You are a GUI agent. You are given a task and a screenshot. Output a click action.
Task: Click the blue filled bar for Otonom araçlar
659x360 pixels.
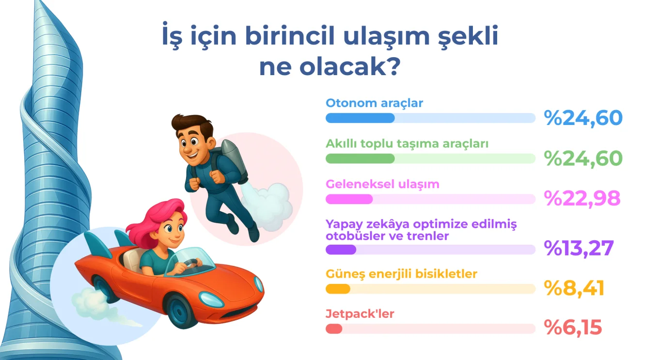pyautogui.click(x=360, y=118)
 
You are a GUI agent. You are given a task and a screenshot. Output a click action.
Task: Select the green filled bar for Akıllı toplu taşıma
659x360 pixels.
pyautogui.click(x=360, y=158)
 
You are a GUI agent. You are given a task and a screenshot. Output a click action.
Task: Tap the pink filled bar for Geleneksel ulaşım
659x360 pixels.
pyautogui.click(x=349, y=199)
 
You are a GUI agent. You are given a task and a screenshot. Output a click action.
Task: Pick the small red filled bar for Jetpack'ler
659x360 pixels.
pyautogui.click(x=334, y=329)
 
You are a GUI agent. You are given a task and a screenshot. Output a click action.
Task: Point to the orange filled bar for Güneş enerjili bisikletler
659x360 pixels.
pyautogui.click(x=338, y=289)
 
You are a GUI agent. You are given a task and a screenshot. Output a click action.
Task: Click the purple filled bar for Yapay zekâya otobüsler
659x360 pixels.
pyautogui.click(x=341, y=250)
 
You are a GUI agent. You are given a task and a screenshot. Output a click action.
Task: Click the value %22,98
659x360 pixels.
pyautogui.click(x=582, y=199)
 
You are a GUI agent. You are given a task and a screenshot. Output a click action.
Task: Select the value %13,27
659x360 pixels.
pyautogui.click(x=579, y=249)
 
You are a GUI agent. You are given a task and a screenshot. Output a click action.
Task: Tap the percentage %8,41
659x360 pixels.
pyautogui.click(x=574, y=288)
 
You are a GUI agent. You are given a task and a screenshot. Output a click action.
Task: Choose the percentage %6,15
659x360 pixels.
pyautogui.click(x=573, y=328)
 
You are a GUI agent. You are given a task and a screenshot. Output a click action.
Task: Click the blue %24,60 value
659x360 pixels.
pyautogui.click(x=583, y=118)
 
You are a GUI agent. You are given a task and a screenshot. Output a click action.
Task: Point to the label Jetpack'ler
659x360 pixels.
pyautogui.click(x=360, y=314)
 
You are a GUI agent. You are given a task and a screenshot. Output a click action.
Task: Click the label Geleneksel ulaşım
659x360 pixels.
pyautogui.click(x=382, y=185)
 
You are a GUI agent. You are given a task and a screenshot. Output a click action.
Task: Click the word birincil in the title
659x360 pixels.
pyautogui.click(x=290, y=36)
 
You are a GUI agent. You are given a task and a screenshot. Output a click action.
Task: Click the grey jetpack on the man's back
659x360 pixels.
pyautogui.click(x=234, y=160)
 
